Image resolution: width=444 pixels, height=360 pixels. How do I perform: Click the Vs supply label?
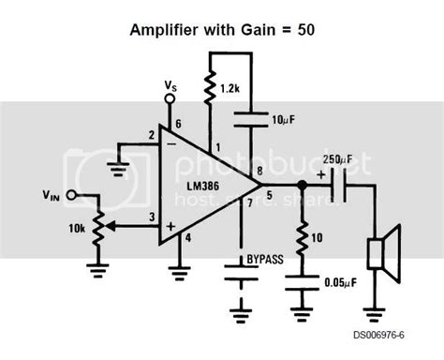pos(170,89)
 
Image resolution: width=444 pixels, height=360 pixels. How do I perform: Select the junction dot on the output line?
pos(303,186)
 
